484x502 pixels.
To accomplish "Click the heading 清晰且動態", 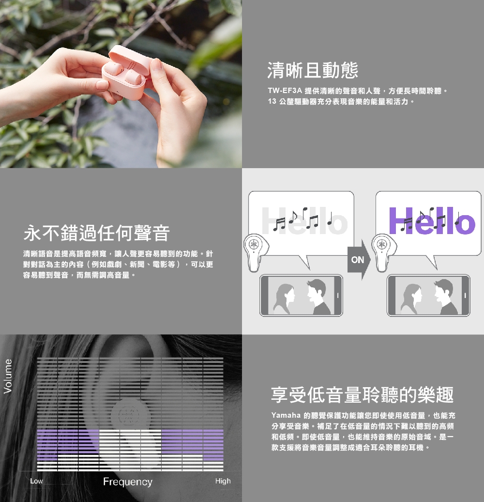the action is [312, 70].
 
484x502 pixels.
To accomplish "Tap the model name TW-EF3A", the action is [285, 91].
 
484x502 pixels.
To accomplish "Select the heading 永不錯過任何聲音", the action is [96, 233].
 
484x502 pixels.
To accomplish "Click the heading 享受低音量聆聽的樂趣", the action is [362, 394].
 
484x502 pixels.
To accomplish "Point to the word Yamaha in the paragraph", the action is [286, 415].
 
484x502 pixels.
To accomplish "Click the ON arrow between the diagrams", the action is [359, 260].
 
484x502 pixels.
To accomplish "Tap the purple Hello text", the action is [432, 220].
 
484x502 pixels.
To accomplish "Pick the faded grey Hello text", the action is [304, 220].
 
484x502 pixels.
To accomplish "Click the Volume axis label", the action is [8, 376].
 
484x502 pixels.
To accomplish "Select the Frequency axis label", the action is [128, 482].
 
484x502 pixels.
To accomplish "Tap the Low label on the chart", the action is [36, 481].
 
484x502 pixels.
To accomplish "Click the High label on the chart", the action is [223, 481].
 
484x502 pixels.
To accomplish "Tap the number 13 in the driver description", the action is [272, 101].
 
